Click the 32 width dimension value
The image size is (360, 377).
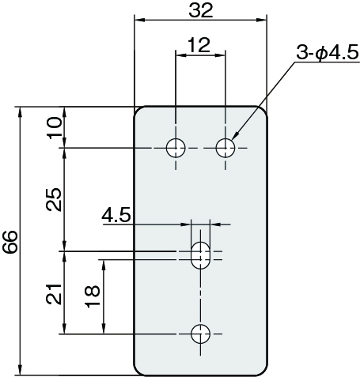[201, 11]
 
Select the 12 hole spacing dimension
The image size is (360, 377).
[199, 45]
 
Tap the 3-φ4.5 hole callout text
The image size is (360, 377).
[328, 52]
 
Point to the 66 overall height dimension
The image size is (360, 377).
[10, 242]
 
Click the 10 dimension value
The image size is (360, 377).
[55, 128]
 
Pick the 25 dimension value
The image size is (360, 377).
[54, 199]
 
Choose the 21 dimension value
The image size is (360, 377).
[54, 294]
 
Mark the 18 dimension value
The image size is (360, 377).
[93, 296]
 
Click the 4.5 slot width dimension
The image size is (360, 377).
[116, 215]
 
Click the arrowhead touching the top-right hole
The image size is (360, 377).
[236, 136]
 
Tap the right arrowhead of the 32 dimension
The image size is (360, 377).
[261, 20]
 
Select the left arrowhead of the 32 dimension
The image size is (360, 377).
[140, 20]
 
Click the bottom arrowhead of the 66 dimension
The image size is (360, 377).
[20, 369]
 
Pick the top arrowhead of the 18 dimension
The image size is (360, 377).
[104, 266]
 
